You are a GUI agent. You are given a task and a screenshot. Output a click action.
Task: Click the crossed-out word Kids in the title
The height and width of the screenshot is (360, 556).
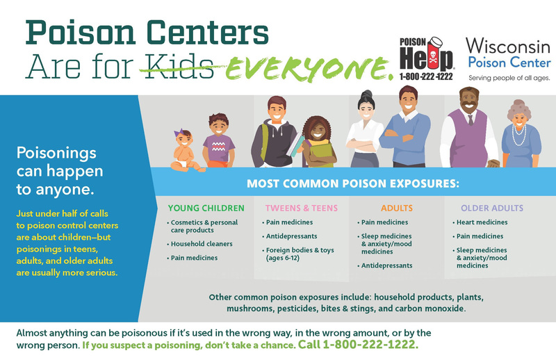(x=180, y=66)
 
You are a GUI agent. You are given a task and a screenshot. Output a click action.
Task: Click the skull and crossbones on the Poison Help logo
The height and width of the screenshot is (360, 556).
(x=433, y=58)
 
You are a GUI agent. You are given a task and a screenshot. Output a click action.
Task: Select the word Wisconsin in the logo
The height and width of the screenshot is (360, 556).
(x=508, y=46)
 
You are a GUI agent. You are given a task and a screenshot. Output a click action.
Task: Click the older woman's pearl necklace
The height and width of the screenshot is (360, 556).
(x=518, y=136)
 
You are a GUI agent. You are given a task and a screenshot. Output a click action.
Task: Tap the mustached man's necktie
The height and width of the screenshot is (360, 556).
(x=471, y=120)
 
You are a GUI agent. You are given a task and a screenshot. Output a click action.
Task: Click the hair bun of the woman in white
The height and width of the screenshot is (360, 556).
(x=366, y=94)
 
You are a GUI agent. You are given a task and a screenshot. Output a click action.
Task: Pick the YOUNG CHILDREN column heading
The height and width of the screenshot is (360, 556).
(x=206, y=208)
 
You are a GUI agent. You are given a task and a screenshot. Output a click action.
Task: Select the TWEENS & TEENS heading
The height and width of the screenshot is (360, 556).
(x=302, y=208)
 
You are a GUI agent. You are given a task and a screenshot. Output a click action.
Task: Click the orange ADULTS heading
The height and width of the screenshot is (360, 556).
(x=397, y=208)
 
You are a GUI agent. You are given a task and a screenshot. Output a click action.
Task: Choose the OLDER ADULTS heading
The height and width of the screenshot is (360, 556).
(x=492, y=208)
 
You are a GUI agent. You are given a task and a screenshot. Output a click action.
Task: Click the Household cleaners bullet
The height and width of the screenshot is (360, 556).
(x=199, y=244)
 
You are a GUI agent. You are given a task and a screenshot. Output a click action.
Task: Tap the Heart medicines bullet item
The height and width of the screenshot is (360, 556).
(x=480, y=222)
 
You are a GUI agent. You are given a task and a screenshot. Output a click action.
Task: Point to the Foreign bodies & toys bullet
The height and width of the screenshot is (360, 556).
(x=298, y=254)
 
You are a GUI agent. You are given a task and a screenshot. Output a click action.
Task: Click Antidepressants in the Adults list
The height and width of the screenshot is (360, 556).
(x=385, y=265)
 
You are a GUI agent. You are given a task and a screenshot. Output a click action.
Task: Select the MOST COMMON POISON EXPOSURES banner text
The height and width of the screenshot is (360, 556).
(x=353, y=183)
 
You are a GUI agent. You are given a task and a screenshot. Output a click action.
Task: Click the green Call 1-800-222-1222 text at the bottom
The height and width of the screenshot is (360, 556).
(x=358, y=345)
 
